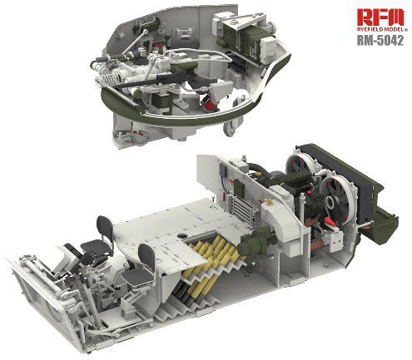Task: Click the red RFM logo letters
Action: click(x=380, y=17)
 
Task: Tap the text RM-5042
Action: click(x=380, y=41)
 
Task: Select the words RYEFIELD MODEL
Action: click(x=378, y=29)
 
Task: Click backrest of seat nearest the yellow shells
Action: click(x=146, y=256)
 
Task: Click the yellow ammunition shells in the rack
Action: click(x=211, y=264)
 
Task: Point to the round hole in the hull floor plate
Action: click(x=182, y=236)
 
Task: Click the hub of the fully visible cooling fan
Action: click(x=331, y=202)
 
